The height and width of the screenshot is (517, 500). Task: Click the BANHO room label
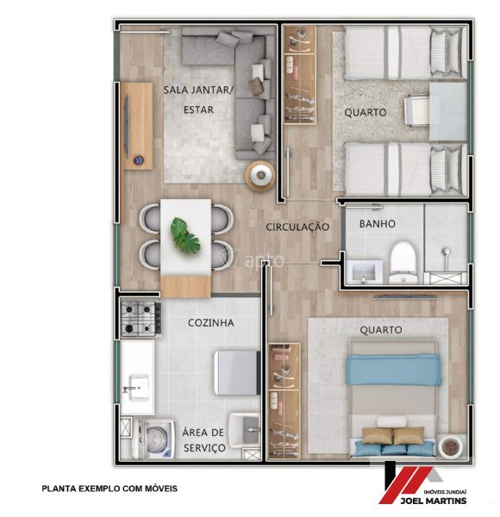point(377,224)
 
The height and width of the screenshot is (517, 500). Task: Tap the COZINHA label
point(211,323)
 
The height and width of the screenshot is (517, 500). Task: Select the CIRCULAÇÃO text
point(297,227)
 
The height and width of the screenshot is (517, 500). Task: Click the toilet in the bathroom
point(403,262)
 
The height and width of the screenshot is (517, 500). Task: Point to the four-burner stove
point(141,318)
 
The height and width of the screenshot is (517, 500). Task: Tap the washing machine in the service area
point(153,439)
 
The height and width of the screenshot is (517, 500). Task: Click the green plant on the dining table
point(185,236)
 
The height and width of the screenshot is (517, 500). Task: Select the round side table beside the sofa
point(260,176)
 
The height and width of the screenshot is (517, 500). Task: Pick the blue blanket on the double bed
point(393,370)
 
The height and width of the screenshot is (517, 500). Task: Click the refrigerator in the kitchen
point(237,373)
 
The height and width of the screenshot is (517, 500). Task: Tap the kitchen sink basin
point(138,387)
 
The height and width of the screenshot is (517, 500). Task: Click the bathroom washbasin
point(365,271)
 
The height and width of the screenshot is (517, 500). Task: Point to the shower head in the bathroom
point(446,252)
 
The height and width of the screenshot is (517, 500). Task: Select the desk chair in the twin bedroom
point(416,110)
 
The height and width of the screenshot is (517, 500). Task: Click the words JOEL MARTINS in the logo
point(433,501)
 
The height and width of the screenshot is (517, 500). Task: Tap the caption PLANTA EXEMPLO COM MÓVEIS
point(109,489)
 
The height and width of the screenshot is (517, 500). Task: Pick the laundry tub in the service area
point(245,429)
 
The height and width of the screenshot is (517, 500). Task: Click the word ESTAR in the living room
point(198,109)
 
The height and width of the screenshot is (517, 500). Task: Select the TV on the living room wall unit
point(127,127)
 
